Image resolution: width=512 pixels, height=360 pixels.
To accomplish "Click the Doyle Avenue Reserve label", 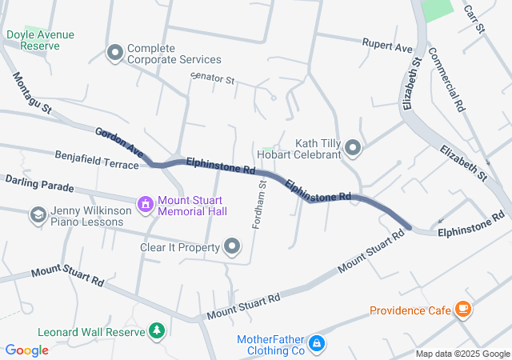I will click(34, 40).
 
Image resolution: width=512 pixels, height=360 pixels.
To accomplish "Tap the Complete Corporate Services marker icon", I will click(114, 53).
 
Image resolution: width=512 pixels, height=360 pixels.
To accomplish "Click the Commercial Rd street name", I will click(446, 78).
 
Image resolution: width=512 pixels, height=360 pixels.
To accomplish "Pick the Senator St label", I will click(212, 80).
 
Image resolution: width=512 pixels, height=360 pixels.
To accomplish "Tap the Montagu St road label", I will click(32, 93).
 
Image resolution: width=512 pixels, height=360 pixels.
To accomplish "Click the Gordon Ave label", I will click(119, 142).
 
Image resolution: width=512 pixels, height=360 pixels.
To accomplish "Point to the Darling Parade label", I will click(39, 184).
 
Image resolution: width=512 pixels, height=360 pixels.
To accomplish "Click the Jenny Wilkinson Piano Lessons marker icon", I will click(37, 214).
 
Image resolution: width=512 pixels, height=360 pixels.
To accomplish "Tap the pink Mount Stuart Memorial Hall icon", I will click(145, 205).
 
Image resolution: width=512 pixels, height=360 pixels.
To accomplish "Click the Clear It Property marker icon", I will click(233, 246).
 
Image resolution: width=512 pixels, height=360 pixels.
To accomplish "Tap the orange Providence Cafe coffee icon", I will click(462, 309).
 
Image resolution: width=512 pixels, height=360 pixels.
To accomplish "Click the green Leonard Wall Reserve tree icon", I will click(158, 330).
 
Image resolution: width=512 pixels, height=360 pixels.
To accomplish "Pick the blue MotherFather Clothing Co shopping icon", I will click(317, 344).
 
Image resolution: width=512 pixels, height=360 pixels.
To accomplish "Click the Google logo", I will click(27, 350).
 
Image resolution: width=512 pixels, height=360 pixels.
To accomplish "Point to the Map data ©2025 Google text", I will click(462, 354).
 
